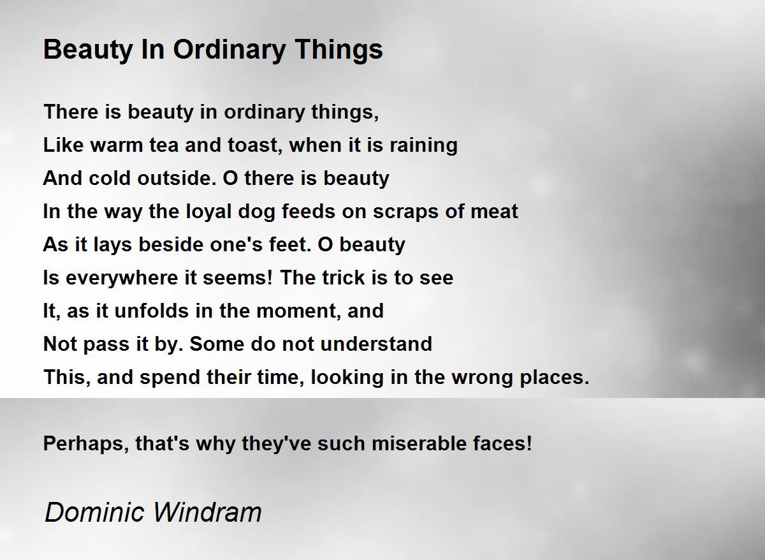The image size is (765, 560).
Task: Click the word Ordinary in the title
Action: [x=229, y=50]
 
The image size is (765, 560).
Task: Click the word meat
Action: [x=494, y=211]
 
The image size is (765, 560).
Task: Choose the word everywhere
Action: [x=122, y=279]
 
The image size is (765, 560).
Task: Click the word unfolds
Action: [x=151, y=311]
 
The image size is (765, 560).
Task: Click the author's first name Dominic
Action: [x=94, y=512]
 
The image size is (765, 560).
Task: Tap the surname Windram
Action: [x=207, y=512]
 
